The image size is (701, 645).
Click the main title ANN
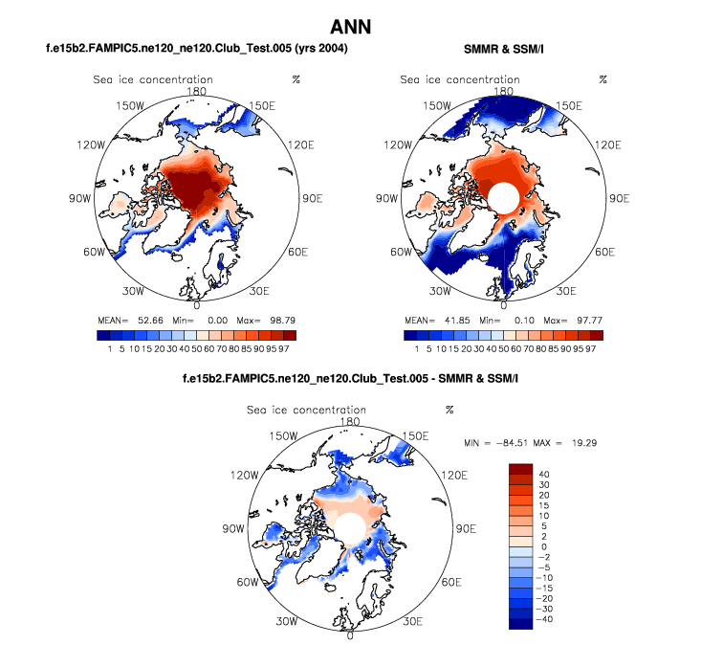click(350, 25)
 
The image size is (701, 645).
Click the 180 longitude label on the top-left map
click(197, 91)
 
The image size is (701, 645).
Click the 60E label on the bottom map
click(449, 581)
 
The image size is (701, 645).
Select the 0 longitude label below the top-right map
click(503, 305)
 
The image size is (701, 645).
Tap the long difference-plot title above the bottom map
click(350, 380)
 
